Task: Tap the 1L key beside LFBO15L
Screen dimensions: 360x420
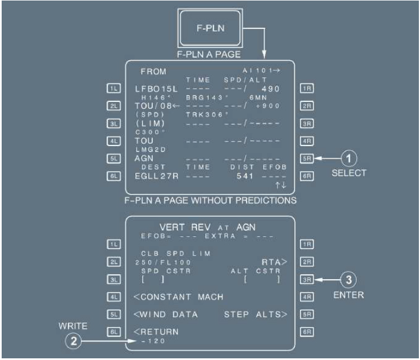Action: click(x=113, y=88)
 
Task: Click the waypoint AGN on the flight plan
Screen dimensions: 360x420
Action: click(x=144, y=158)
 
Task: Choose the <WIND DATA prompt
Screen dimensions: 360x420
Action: click(x=166, y=314)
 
